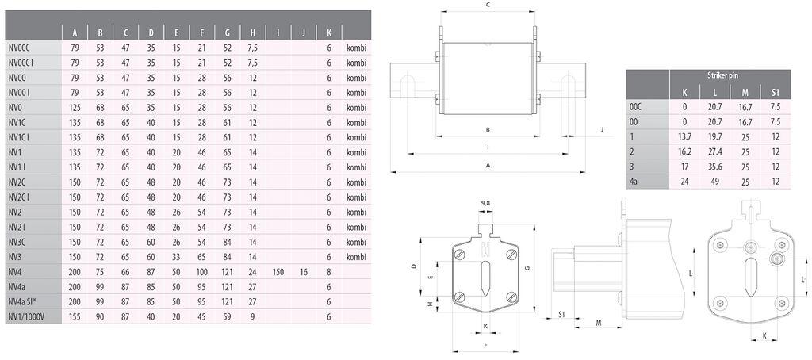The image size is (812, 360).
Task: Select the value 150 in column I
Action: (x=278, y=272)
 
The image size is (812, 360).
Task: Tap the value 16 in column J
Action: (x=304, y=272)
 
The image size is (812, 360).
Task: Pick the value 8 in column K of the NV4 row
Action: (x=328, y=272)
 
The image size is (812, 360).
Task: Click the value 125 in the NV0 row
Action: (x=75, y=107)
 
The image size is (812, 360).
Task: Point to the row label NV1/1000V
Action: (x=29, y=316)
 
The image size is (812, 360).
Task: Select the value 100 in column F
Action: (x=202, y=272)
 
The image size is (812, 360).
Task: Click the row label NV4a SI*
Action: (x=26, y=301)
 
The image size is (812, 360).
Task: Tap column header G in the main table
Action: (x=228, y=33)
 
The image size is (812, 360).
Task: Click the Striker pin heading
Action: (x=722, y=75)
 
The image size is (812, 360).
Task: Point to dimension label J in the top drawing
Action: (x=602, y=128)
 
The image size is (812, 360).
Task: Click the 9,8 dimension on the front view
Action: (x=485, y=202)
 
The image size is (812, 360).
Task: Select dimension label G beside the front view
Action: (x=527, y=269)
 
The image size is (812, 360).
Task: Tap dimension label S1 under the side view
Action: (x=561, y=315)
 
